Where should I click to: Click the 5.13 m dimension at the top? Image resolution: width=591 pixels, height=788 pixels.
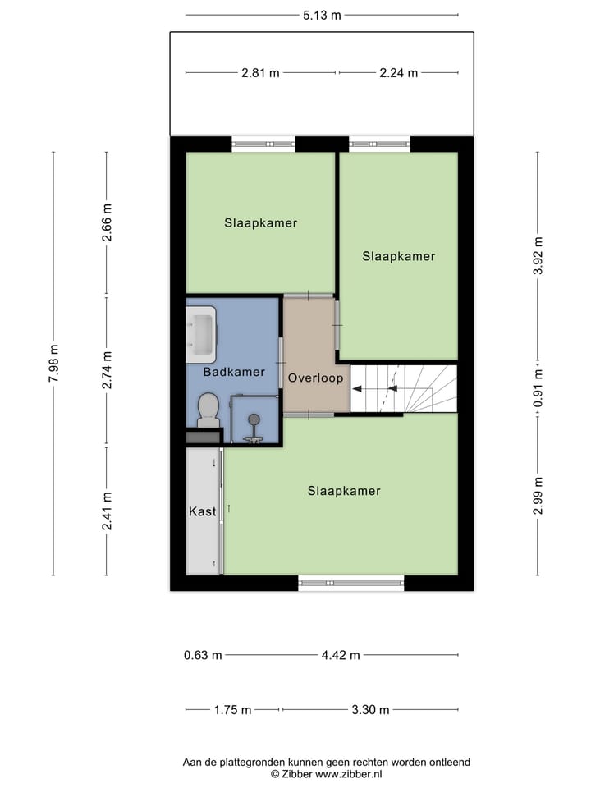click(x=322, y=15)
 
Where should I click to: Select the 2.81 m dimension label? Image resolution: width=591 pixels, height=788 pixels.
click(x=260, y=72)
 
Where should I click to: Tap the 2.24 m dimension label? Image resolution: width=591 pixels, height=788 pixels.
click(x=398, y=72)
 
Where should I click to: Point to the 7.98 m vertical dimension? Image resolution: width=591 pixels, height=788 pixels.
click(x=54, y=363)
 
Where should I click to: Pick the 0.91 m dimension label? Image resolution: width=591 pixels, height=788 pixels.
click(x=538, y=387)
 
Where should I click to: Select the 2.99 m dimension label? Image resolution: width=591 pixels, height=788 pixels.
click(x=538, y=495)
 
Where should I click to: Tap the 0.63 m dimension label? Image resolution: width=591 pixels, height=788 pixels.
click(x=203, y=655)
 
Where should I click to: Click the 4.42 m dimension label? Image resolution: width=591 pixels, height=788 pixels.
click(x=341, y=655)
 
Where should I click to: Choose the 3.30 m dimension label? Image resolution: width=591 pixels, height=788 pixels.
click(x=369, y=710)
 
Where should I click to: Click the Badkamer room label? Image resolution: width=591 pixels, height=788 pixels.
click(x=234, y=372)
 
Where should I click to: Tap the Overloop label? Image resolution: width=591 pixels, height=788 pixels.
click(x=315, y=378)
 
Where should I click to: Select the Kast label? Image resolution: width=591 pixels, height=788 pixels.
click(x=202, y=511)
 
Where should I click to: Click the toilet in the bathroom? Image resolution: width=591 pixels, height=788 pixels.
click(x=208, y=409)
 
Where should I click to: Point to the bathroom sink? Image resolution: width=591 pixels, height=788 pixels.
click(x=200, y=333)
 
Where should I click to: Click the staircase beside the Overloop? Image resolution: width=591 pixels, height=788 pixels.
click(x=403, y=389)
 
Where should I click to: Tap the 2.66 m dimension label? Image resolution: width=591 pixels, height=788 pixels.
click(x=107, y=222)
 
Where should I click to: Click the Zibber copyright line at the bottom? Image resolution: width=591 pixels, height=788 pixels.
click(x=326, y=773)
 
